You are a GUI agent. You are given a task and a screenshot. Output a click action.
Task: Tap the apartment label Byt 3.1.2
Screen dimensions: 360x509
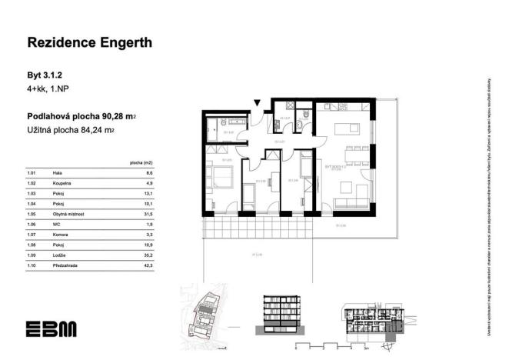click(x=44, y=75)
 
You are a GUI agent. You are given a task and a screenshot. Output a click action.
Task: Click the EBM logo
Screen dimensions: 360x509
click(x=51, y=328)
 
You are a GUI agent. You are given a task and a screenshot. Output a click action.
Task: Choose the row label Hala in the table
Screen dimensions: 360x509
click(x=58, y=175)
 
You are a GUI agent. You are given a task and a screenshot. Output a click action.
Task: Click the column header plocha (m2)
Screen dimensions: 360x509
click(x=141, y=164)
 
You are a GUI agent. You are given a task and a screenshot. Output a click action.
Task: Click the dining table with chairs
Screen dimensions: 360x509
click(x=355, y=156)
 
